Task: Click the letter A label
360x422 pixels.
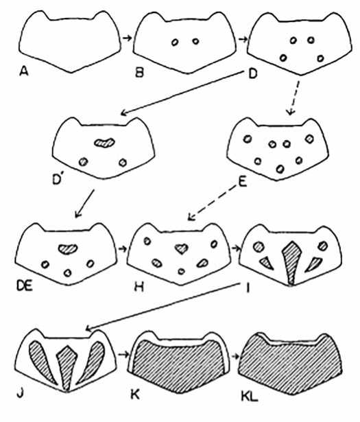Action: (24, 71)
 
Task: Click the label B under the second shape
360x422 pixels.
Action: (139, 73)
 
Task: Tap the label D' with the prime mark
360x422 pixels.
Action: (58, 180)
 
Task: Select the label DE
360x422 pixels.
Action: (25, 286)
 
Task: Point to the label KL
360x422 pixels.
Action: (249, 397)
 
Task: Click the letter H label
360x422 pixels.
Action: (139, 287)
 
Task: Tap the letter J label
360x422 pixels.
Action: (20, 394)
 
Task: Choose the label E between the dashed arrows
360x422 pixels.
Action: (243, 183)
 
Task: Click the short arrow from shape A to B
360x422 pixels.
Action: (127, 38)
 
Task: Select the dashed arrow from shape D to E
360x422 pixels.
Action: (294, 97)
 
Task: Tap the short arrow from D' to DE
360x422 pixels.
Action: (85, 204)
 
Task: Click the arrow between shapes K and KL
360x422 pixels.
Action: (235, 356)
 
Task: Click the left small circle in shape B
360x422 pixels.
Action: (175, 43)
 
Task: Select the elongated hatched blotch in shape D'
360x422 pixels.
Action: (105, 142)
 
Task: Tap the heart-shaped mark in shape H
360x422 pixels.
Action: (182, 248)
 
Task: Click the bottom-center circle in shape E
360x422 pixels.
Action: (280, 169)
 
